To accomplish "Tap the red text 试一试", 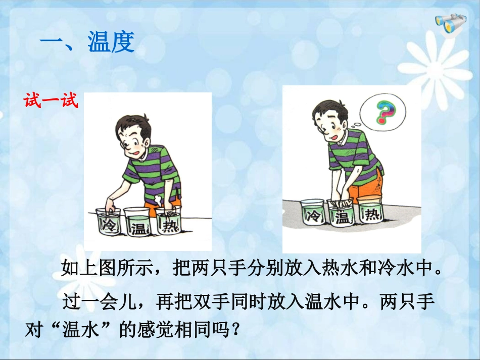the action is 51,100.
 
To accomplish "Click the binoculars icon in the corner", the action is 451,24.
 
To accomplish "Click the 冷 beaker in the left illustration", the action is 108,221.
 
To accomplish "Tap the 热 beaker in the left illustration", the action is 168,220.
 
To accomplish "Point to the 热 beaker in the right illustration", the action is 370,211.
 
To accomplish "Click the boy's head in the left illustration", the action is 133,135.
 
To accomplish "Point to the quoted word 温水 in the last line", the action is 81,330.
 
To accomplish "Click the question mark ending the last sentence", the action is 236,330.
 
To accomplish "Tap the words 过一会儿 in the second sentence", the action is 99,301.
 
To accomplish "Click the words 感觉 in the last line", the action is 156,330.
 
